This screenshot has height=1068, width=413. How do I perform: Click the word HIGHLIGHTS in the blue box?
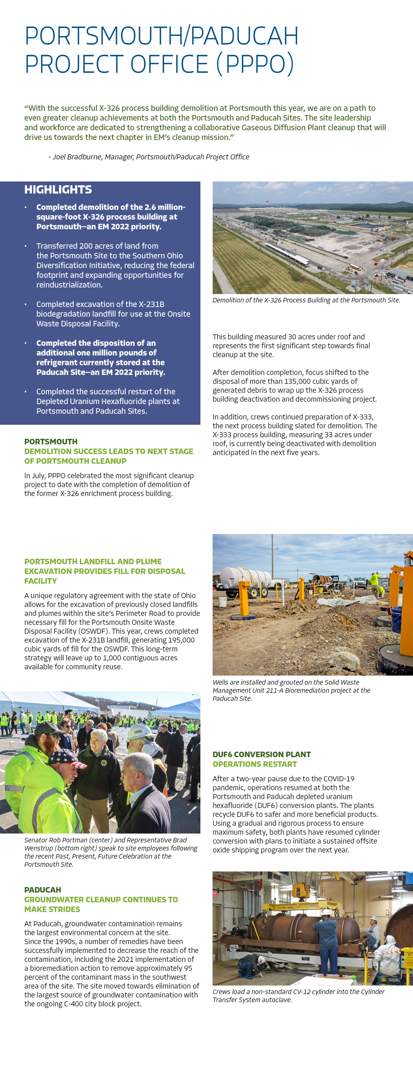pyautogui.click(x=58, y=190)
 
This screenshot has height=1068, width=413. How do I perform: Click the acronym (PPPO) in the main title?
pyautogui.click(x=255, y=64)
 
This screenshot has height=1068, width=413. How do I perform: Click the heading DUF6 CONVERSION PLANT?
pyautogui.click(x=262, y=754)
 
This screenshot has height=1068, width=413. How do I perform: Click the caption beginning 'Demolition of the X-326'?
pyautogui.click(x=306, y=300)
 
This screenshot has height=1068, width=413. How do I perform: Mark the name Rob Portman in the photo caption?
pyautogui.click(x=68, y=840)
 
